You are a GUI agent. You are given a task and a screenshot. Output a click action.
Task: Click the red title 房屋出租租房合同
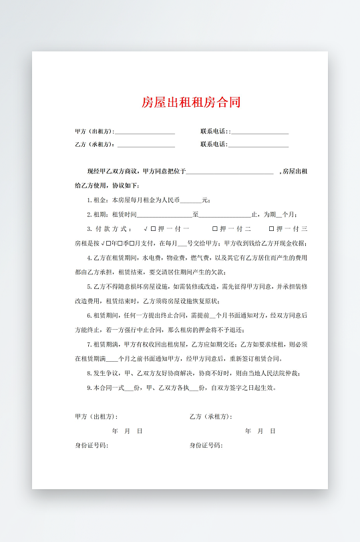pos(191,102)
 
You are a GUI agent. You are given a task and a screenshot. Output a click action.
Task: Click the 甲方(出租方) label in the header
pos(94,131)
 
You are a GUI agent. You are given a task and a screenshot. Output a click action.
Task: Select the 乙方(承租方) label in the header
pos(94,144)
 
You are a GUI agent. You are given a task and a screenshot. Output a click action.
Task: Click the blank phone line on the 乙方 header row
pos(259,145)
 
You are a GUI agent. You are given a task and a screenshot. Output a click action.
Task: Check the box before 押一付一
pos(153,229)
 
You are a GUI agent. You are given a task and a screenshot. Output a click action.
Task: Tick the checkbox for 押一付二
pos(214,229)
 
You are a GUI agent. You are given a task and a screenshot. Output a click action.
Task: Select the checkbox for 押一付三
pos(272,229)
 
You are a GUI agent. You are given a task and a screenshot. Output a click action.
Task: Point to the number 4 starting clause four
pos(89,258)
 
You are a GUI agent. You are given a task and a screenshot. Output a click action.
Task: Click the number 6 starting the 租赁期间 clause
pos(89,315)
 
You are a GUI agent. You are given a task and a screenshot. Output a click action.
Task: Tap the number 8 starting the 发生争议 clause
pos(89,373)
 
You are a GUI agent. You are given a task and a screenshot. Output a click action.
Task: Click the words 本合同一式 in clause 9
pos(107,387)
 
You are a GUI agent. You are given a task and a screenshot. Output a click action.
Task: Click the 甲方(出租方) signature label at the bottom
pos(96,417)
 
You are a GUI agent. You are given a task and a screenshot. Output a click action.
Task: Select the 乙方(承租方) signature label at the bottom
pos(210,417)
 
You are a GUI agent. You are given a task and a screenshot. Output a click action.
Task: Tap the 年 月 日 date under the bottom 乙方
pos(260,431)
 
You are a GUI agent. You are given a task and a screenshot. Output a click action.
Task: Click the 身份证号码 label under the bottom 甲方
pos(92,445)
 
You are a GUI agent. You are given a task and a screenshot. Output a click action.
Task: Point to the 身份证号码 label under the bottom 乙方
pos(206,445)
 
